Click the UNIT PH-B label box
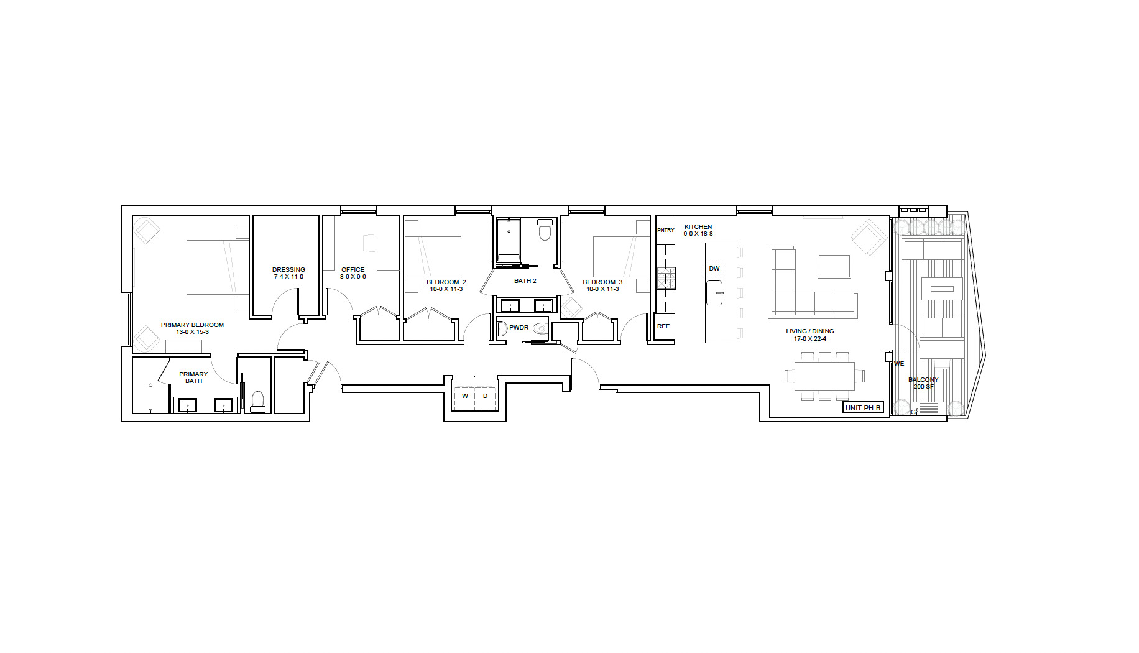coord(863,408)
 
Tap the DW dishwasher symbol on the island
coord(714,268)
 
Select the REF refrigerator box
coord(664,327)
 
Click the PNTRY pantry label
coord(665,230)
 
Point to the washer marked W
coord(464,396)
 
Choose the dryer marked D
coord(486,396)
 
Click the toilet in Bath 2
coord(545,229)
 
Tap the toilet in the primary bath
coord(257,402)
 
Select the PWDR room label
coord(519,327)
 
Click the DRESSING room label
coord(288,273)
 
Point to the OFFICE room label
coord(353,273)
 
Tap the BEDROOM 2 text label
coord(446,285)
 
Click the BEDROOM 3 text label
coord(602,285)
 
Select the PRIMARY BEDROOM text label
coord(192,328)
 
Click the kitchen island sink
coord(715,293)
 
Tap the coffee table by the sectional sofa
coord(834,266)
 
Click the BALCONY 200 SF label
coord(923,383)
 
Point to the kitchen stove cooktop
coord(666,278)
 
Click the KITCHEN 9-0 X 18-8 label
coord(698,230)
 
